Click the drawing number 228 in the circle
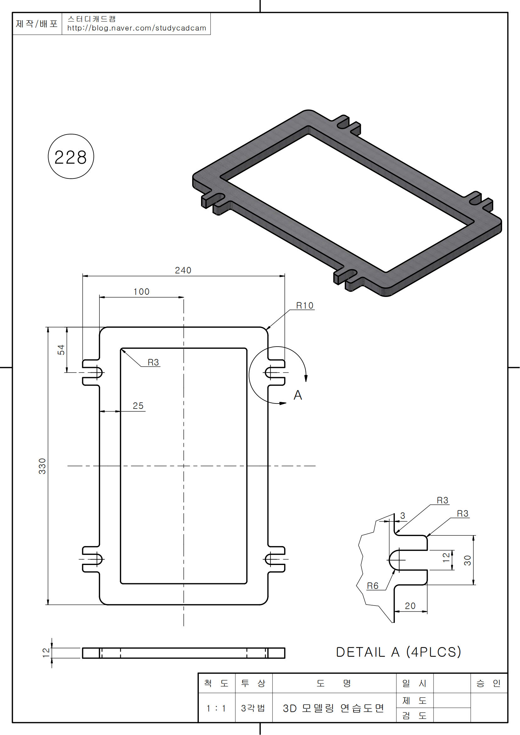(70, 157)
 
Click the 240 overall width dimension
(183, 271)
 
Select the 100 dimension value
(141, 292)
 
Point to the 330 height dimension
(42, 466)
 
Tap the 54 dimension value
(61, 350)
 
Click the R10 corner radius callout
(305, 306)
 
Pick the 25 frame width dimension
(138, 406)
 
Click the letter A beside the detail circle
(298, 395)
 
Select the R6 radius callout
(372, 586)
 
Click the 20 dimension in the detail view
(410, 606)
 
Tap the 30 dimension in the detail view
(467, 560)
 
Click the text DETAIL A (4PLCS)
(399, 652)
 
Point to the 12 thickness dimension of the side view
(46, 652)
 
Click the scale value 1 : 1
(216, 708)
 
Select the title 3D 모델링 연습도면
(333, 708)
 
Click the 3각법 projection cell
(253, 708)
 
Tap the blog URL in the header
(137, 28)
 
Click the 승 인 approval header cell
(489, 683)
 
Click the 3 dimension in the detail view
(403, 516)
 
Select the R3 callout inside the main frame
(153, 362)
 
